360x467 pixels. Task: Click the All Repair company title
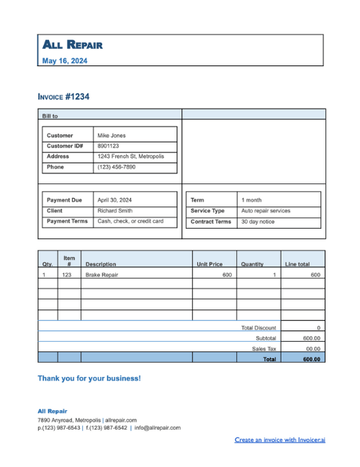pyautogui.click(x=72, y=45)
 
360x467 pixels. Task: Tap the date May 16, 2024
pyautogui.click(x=65, y=61)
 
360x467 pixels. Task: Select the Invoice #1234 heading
pyautogui.click(x=63, y=96)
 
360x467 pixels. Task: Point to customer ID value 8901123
pyautogui.click(x=108, y=145)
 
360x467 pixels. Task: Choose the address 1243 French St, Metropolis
pyautogui.click(x=130, y=156)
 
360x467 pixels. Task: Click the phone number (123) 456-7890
pyautogui.click(x=116, y=167)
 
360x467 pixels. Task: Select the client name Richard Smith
pyautogui.click(x=114, y=211)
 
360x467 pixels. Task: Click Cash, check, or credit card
pyautogui.click(x=130, y=222)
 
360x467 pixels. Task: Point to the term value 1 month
pyautogui.click(x=252, y=200)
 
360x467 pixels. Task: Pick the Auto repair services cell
pyautogui.click(x=266, y=211)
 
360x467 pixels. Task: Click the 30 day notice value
pyautogui.click(x=258, y=222)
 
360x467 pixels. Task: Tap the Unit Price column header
pyautogui.click(x=210, y=264)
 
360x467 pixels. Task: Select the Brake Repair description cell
pyautogui.click(x=102, y=275)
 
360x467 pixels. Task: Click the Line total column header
pyautogui.click(x=297, y=264)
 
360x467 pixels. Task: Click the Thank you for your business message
pyautogui.click(x=89, y=378)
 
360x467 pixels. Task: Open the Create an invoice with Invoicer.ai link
pyautogui.click(x=280, y=439)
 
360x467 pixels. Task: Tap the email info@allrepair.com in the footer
pyautogui.click(x=158, y=427)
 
